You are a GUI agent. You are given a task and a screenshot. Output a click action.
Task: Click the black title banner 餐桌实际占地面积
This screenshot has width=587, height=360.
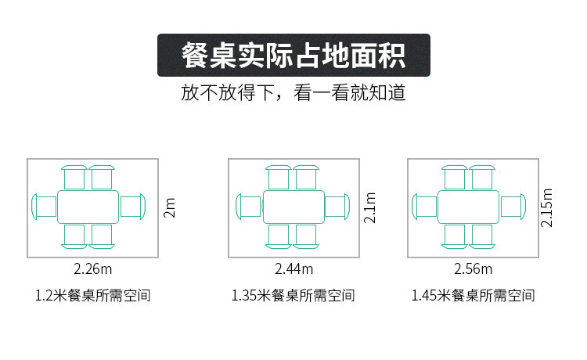pyautogui.click(x=293, y=55)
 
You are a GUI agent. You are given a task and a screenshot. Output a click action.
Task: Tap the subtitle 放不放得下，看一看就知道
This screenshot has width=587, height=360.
pyautogui.click(x=293, y=93)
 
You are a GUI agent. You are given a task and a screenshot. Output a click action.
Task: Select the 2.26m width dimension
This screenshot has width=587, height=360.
pyautogui.click(x=93, y=269)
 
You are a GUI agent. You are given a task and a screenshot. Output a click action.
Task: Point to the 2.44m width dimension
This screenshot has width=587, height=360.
pyautogui.click(x=294, y=269)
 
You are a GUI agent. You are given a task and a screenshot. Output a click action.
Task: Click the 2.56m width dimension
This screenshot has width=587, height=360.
pyautogui.click(x=474, y=269)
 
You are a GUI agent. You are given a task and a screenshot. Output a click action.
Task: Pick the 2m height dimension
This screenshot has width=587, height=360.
pyautogui.click(x=170, y=207)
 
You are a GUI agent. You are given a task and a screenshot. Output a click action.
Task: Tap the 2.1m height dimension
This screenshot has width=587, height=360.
pyautogui.click(x=371, y=207)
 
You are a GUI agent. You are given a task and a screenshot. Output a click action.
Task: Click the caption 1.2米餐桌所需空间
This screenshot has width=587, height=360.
pyautogui.click(x=93, y=297)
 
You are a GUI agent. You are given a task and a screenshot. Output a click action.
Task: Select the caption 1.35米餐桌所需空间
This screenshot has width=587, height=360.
pyautogui.click(x=293, y=297)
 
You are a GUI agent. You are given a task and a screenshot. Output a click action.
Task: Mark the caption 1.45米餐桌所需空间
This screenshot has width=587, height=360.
pyautogui.click(x=474, y=297)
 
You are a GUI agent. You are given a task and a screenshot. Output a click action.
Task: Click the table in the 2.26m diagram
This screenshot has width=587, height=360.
pyautogui.click(x=88, y=207)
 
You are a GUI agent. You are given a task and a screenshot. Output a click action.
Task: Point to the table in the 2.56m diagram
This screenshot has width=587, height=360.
pyautogui.click(x=468, y=207)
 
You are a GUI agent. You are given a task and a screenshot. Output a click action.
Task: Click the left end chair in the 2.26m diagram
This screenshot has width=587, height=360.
pyautogui.click(x=44, y=207)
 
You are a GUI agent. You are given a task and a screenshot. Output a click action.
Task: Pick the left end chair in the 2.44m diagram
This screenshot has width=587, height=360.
pyautogui.click(x=248, y=207)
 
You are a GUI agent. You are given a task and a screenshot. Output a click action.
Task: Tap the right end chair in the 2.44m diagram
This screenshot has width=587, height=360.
pyautogui.click(x=337, y=207)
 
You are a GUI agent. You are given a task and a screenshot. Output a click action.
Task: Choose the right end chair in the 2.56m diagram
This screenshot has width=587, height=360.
pyautogui.click(x=513, y=207)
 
